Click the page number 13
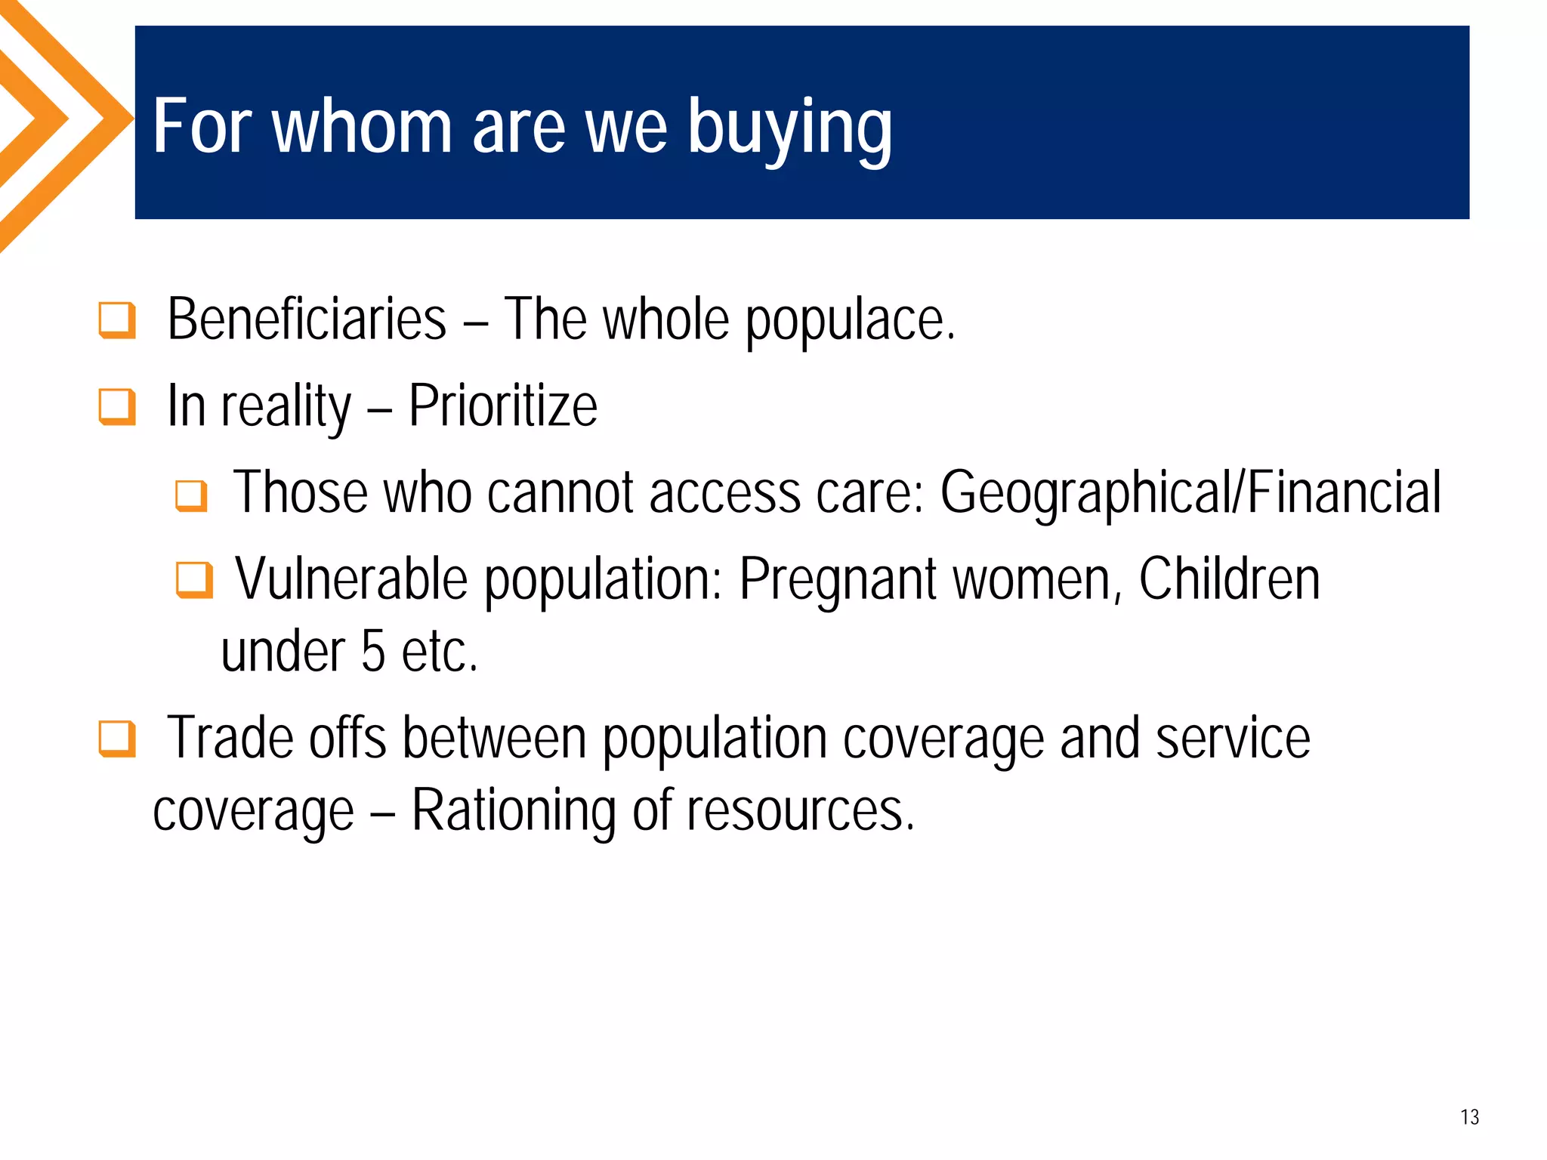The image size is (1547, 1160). [x=1469, y=1117]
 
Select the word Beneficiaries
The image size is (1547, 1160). [x=307, y=320]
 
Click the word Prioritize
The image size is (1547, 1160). [x=503, y=407]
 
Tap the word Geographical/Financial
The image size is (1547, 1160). [x=1190, y=493]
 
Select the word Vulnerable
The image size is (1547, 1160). [x=351, y=579]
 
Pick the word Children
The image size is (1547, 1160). [x=1229, y=579]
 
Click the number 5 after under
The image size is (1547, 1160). [x=373, y=652]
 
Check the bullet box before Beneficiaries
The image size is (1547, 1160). [x=117, y=320]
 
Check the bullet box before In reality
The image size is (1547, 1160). [x=117, y=407]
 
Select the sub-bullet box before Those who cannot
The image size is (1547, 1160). [x=191, y=496]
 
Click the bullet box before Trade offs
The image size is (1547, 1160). [x=117, y=739]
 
